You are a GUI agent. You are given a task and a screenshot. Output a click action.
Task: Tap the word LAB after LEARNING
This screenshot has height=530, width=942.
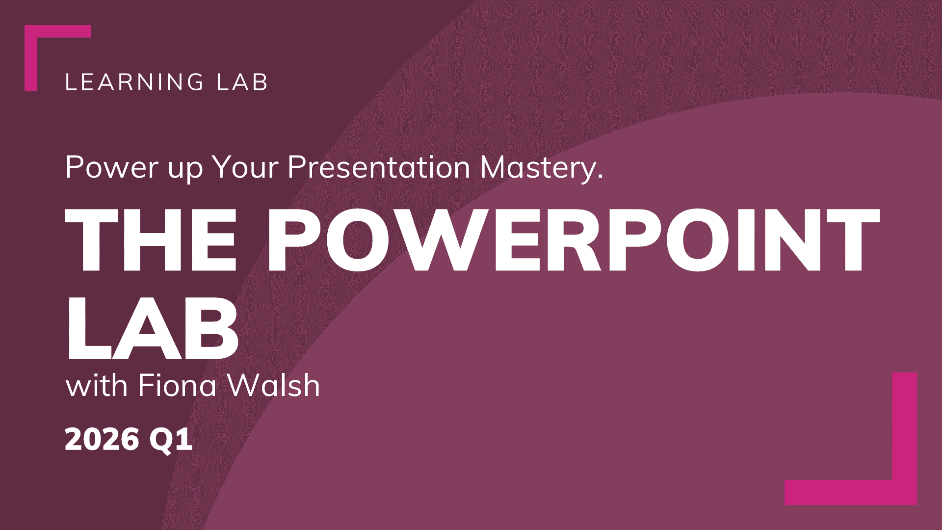pos(242,82)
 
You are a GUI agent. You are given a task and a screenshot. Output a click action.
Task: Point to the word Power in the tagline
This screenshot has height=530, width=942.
pos(111,167)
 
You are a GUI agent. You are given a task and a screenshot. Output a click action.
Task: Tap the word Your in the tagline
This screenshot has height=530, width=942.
pos(245,167)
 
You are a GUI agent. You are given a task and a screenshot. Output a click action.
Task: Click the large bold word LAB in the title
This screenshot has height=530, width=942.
pos(153,327)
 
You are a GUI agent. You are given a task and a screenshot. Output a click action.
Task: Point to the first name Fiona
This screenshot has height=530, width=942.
pos(177,386)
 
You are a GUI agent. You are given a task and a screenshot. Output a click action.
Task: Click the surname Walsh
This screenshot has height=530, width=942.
pos(274,386)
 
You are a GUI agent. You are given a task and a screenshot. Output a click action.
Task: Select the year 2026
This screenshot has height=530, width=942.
pos(102,439)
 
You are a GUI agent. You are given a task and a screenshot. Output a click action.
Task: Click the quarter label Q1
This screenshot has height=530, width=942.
pos(171,440)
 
